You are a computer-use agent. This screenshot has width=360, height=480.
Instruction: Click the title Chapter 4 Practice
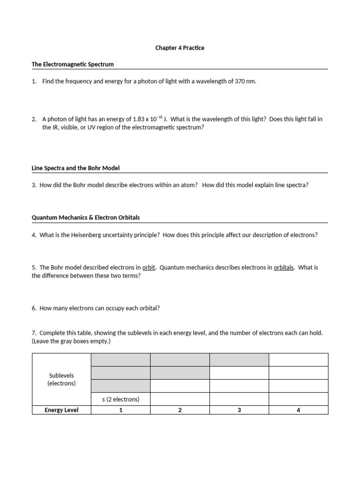(x=180, y=48)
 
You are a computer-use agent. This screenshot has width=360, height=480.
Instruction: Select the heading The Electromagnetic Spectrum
(x=73, y=64)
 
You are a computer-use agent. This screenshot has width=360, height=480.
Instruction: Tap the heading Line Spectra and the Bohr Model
(x=78, y=168)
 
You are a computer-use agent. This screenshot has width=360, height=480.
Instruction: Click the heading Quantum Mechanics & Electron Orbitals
(x=86, y=217)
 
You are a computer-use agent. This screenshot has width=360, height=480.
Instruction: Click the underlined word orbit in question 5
(x=149, y=268)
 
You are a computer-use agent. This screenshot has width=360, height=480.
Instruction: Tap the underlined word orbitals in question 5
(x=284, y=268)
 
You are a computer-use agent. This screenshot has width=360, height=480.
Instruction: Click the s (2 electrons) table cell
(x=120, y=399)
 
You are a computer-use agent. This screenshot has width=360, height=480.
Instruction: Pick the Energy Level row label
(x=61, y=410)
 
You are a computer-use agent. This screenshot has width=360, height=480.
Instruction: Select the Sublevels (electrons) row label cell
(x=61, y=379)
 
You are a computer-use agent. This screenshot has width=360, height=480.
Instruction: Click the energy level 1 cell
(x=120, y=410)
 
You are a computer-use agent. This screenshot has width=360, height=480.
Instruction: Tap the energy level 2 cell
(x=180, y=410)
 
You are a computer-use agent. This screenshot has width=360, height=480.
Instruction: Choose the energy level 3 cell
(x=239, y=410)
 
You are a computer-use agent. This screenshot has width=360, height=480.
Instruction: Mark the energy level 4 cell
(x=299, y=410)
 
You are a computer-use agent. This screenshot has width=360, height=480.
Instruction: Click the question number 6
(x=34, y=308)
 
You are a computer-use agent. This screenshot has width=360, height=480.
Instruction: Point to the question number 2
(x=34, y=119)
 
